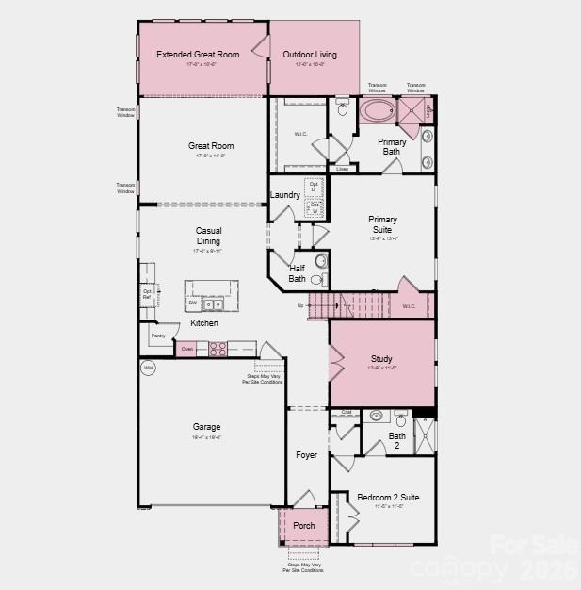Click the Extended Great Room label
pyautogui.click(x=198, y=55)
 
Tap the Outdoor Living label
pyautogui.click(x=310, y=55)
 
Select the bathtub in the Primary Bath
pyautogui.click(x=379, y=111)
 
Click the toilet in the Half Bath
pyautogui.click(x=320, y=261)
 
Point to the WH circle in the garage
pyautogui.click(x=148, y=368)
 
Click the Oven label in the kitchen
pyautogui.click(x=186, y=349)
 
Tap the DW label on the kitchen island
pyautogui.click(x=192, y=303)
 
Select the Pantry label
pyautogui.click(x=157, y=335)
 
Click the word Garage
pyautogui.click(x=206, y=427)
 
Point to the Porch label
pyautogui.click(x=303, y=526)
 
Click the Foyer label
pyautogui.click(x=306, y=455)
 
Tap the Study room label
pyautogui.click(x=381, y=359)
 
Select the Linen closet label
pyautogui.click(x=342, y=169)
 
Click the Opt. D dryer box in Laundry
pyautogui.click(x=315, y=188)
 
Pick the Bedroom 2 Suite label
pyautogui.click(x=388, y=497)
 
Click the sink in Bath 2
pyautogui.click(x=376, y=416)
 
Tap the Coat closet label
pyautogui.click(x=346, y=412)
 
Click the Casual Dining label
pyautogui.click(x=208, y=236)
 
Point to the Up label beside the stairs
pyautogui.click(x=300, y=305)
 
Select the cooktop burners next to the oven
pyautogui.click(x=218, y=349)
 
